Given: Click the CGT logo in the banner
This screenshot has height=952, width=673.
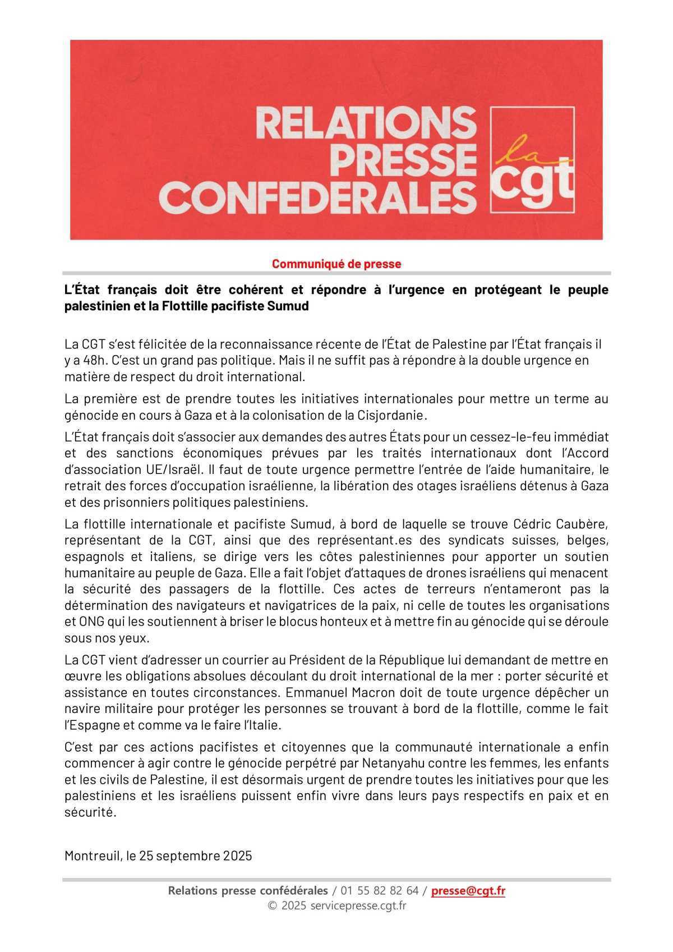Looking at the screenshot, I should (532, 159).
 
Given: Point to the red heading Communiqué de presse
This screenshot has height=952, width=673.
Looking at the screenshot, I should (336, 264).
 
